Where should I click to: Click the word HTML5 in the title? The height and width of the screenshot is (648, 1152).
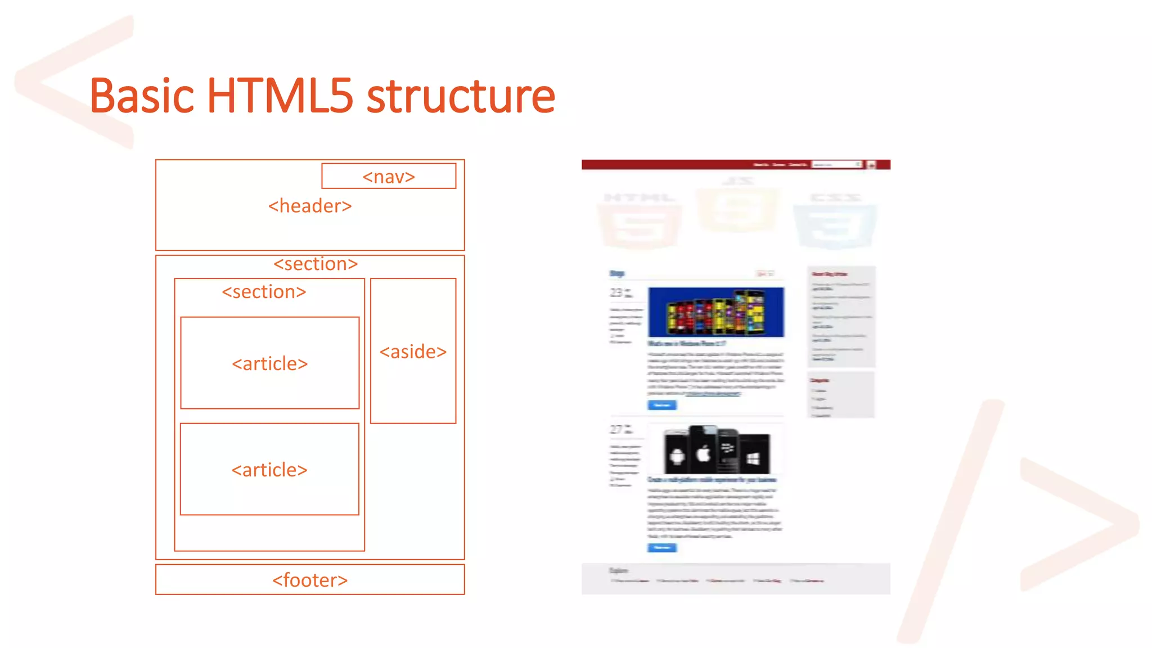(280, 96)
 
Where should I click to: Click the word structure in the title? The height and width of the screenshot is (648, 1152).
(461, 96)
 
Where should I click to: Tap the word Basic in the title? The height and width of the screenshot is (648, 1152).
(142, 96)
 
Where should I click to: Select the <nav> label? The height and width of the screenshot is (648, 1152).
(389, 177)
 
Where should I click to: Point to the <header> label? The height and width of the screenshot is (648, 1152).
(310, 206)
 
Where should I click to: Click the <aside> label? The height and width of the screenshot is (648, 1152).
(413, 352)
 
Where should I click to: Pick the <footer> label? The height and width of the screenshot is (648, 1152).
(310, 580)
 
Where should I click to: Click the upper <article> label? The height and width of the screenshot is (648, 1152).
(269, 363)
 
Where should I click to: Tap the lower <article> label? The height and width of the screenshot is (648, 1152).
(269, 470)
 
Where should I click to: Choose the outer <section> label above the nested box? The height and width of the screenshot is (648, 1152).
(316, 264)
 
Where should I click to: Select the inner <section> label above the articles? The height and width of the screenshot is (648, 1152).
(264, 292)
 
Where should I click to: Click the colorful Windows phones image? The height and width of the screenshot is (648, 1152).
(715, 312)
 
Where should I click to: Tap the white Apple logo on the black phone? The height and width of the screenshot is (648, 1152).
(704, 453)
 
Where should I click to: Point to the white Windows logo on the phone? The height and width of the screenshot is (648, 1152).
(753, 458)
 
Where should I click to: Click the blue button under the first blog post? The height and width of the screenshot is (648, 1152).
(662, 405)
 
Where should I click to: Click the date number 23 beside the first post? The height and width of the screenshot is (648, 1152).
(616, 293)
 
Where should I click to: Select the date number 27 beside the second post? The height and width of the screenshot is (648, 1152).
(616, 430)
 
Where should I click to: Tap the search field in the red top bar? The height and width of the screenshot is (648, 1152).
(836, 165)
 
